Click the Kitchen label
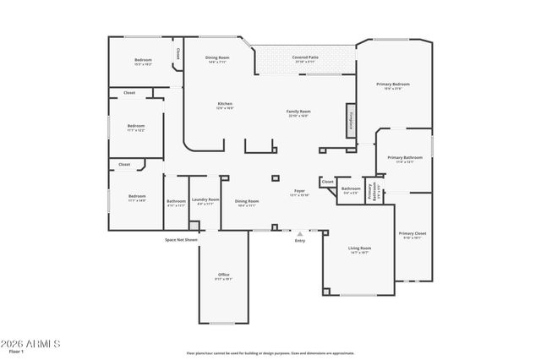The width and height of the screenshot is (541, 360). tap(224, 105)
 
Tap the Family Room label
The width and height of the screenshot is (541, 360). tap(298, 112)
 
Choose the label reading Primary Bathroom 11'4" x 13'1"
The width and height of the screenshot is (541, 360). tap(405, 159)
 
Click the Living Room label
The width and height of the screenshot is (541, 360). tap(359, 249)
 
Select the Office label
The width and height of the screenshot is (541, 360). tap(223, 275)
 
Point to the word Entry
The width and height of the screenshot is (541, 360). tap(299, 242)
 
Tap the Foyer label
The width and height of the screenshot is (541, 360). tap(299, 193)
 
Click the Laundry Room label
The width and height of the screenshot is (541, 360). tap(205, 201)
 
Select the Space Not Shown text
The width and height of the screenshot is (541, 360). tap(181, 240)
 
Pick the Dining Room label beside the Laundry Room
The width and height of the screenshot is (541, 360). tap(247, 202)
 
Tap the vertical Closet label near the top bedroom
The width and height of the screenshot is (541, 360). tap(178, 53)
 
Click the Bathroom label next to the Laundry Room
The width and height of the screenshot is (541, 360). tap(176, 202)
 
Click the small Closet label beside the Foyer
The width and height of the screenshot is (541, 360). tap(328, 182)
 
